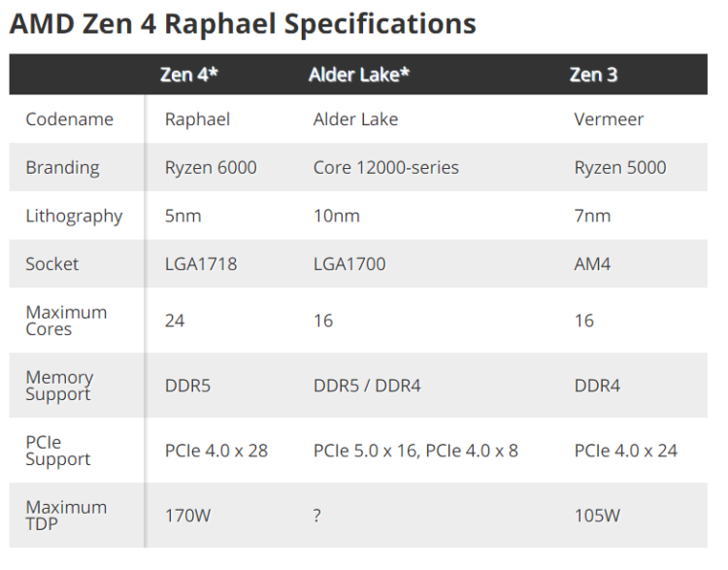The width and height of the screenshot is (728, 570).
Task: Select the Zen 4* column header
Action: pyautogui.click(x=189, y=75)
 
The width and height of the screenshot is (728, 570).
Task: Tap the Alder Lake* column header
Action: pyautogui.click(x=359, y=75)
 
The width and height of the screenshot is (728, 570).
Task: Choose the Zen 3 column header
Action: pyautogui.click(x=593, y=75)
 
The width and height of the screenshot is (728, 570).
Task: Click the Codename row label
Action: pyautogui.click(x=70, y=119)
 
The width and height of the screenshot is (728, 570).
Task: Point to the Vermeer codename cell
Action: pyautogui.click(x=609, y=119)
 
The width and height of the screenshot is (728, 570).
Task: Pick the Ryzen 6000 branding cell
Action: pyautogui.click(x=211, y=168)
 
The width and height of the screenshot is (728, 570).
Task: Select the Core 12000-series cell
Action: pyautogui.click(x=385, y=168)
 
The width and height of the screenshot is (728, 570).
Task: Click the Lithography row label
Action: pyautogui.click(x=75, y=217)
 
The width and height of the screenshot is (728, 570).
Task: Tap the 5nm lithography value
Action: pyautogui.click(x=182, y=216)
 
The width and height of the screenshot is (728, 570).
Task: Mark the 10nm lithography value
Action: pyautogui.click(x=337, y=216)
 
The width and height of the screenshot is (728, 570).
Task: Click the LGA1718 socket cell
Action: pyautogui.click(x=201, y=264)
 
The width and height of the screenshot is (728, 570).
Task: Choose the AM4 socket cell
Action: pyautogui.click(x=592, y=264)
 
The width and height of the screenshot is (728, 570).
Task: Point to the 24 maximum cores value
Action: pyautogui.click(x=175, y=320)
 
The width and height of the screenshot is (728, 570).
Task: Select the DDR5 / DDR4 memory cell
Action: pyautogui.click(x=367, y=386)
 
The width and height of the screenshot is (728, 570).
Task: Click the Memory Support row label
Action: pyautogui.click(x=59, y=386)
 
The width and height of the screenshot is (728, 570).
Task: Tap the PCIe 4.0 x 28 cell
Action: pyautogui.click(x=216, y=451)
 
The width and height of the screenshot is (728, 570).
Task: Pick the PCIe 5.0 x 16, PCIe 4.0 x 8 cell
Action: pyautogui.click(x=415, y=451)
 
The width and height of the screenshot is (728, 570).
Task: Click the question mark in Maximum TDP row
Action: pyautogui.click(x=317, y=516)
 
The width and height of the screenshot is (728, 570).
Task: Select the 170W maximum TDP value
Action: pyautogui.click(x=187, y=516)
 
